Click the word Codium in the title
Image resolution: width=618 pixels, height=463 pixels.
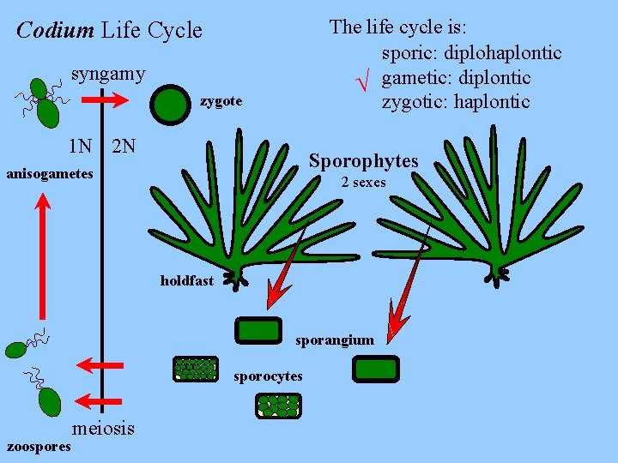click(x=55, y=31)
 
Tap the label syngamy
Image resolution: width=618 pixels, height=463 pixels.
click(x=108, y=74)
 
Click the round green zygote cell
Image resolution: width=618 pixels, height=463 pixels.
click(x=168, y=105)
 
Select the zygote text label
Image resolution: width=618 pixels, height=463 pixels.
click(x=221, y=102)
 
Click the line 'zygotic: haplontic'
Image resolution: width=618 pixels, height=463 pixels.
click(x=456, y=103)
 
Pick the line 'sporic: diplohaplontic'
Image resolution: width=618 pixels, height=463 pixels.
click(x=471, y=53)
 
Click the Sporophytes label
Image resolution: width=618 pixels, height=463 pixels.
click(x=363, y=161)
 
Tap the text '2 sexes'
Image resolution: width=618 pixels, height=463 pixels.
click(x=363, y=182)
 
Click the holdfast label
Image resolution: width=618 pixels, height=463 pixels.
click(x=186, y=281)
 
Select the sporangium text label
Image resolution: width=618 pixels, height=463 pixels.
click(x=335, y=340)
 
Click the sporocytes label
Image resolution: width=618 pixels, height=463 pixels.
click(x=268, y=376)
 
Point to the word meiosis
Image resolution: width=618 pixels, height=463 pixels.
click(x=104, y=428)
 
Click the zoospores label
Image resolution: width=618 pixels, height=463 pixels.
click(x=39, y=447)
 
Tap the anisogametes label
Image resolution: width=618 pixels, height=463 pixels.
click(x=49, y=174)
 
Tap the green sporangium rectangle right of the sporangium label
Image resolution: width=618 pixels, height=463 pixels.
click(x=376, y=370)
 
